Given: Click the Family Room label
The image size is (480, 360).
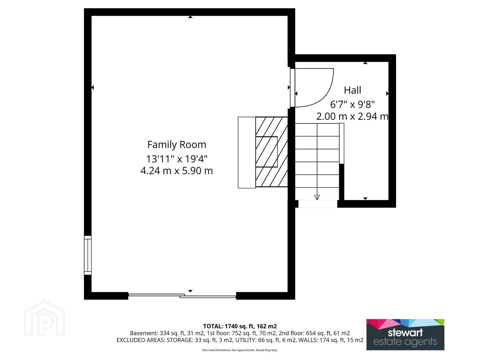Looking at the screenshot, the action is click(177, 145).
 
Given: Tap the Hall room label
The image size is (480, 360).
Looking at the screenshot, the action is click(352, 90).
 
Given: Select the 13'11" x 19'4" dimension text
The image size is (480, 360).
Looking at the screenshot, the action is click(177, 159).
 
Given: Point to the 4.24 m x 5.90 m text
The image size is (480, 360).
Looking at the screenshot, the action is click(177, 171).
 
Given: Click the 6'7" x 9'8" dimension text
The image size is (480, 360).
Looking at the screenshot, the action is click(352, 104).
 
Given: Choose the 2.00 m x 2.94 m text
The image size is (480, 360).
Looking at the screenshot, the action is click(352, 116).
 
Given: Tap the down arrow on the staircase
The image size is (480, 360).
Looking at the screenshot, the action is click(317, 197).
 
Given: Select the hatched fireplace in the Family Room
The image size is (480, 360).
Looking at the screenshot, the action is click(272, 152).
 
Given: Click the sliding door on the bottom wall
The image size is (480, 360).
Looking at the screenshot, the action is click(182, 296).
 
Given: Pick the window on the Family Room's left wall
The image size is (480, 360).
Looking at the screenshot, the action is click(88, 255).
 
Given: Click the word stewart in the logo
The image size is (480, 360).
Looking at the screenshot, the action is click(405, 332).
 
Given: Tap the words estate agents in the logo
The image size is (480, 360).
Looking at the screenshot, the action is click(405, 342).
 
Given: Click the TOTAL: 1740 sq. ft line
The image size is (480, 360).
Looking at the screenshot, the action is click(240, 326).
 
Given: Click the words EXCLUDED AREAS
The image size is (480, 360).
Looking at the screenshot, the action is click(141, 340).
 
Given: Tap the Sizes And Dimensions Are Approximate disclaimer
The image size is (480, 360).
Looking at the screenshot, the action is click(240, 350).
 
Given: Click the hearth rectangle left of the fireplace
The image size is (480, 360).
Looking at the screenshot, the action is click(247, 153).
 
